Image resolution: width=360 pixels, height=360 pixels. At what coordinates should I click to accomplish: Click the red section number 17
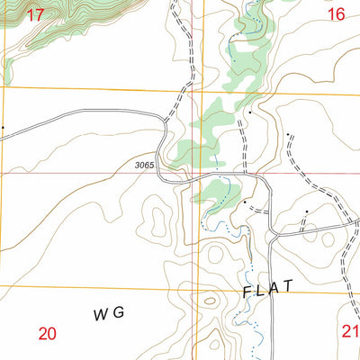(35, 13)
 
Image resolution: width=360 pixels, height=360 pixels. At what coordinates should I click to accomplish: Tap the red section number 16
(336, 13)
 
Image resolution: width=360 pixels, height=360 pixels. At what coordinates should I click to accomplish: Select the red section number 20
(48, 333)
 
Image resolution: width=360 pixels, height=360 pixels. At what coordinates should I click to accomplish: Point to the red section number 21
(350, 331)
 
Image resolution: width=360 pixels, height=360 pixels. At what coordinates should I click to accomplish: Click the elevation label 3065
(145, 166)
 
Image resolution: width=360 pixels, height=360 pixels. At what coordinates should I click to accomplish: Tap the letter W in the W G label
(100, 313)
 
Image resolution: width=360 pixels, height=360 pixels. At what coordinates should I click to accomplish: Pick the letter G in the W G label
(118, 313)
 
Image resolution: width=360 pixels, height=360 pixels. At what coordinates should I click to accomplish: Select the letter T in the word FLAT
(287, 285)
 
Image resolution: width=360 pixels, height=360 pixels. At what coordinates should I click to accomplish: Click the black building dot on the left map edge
(2, 128)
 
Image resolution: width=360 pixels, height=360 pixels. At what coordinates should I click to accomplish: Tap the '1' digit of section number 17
(30, 13)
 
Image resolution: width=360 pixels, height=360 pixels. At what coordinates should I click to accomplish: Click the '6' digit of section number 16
(341, 13)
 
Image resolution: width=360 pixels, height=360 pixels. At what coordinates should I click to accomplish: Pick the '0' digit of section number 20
(53, 333)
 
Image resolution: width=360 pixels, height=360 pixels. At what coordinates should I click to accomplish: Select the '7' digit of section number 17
(40, 13)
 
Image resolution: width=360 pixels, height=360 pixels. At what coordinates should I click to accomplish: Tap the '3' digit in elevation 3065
(138, 166)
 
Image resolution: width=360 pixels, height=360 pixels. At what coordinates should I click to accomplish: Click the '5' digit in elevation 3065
(152, 166)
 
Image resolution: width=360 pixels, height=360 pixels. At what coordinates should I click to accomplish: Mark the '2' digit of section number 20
(42, 333)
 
